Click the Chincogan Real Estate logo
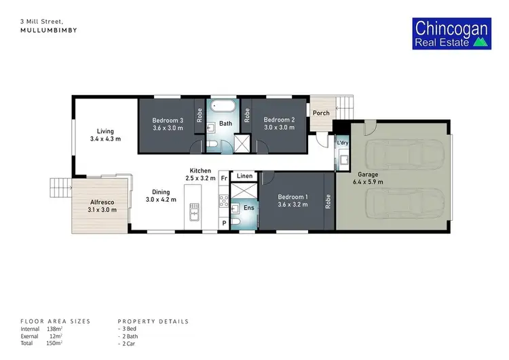(x=452, y=35)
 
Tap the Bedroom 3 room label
(x=166, y=120)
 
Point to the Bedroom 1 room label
(x=293, y=197)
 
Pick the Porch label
(x=321, y=113)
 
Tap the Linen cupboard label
(x=245, y=176)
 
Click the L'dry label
(x=343, y=143)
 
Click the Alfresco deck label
(x=103, y=202)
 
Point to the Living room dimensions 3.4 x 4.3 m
(x=105, y=139)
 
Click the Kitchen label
(x=200, y=170)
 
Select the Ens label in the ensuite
(x=249, y=206)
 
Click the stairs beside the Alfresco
(x=60, y=186)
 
